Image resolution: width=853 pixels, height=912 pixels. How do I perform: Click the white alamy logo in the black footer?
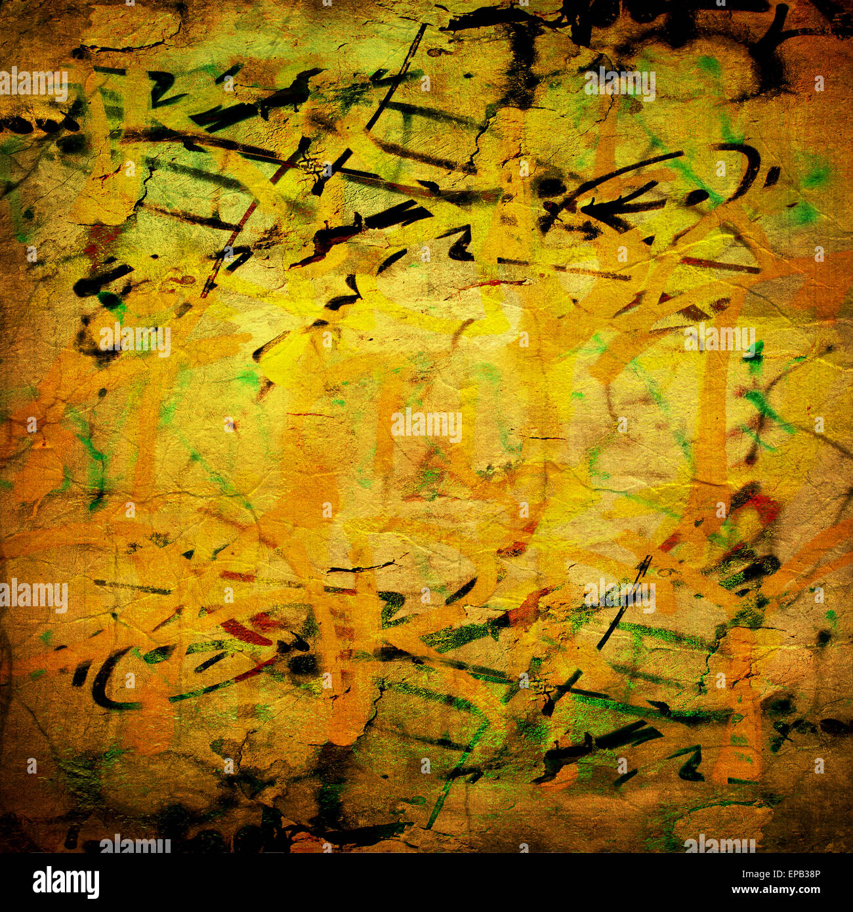[x=66, y=882]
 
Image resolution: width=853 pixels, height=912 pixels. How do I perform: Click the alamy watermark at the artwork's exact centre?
[x=427, y=426]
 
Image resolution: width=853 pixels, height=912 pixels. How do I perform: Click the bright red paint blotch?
[x=761, y=505]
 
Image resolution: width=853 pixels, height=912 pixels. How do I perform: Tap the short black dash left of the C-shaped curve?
[x=81, y=674]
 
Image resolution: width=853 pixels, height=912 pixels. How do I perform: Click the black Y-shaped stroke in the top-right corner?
[x=774, y=39]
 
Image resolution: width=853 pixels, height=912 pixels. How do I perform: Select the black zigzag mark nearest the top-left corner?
[x=161, y=89]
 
